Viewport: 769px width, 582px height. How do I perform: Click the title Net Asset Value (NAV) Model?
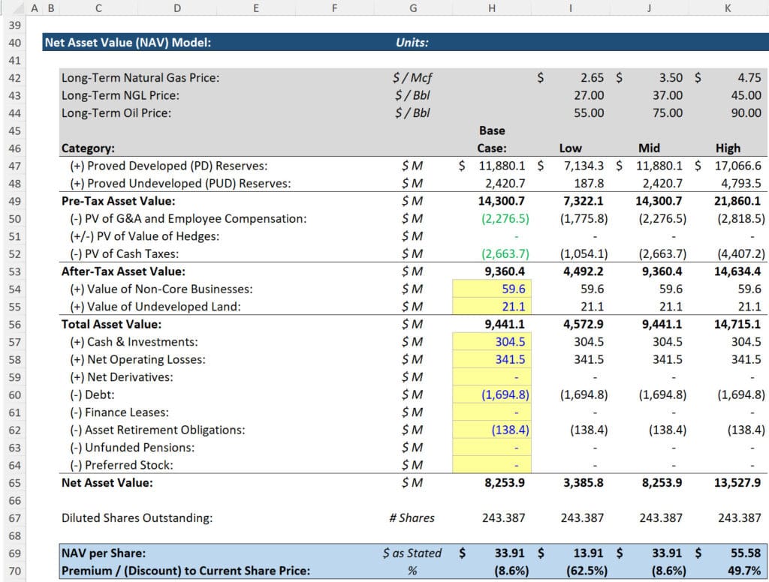pos(128,43)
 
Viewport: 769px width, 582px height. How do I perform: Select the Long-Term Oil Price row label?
pos(116,113)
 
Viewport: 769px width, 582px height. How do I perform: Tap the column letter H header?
pos(492,9)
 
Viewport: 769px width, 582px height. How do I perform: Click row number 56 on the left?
pos(14,325)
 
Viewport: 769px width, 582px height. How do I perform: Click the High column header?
pos(728,148)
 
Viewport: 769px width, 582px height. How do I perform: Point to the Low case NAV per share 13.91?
pos(589,553)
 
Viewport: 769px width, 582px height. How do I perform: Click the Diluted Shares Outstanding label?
pos(137,517)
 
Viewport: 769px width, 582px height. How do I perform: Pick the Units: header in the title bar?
pos(412,43)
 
